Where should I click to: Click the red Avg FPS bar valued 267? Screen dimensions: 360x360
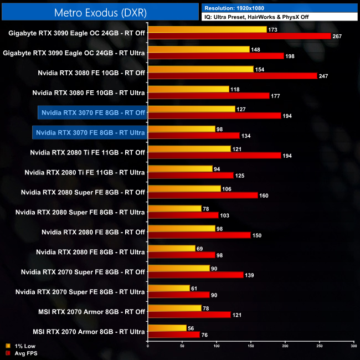(239, 36)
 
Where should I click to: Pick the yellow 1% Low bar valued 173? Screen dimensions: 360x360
(207, 29)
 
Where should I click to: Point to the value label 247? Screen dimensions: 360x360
(324, 76)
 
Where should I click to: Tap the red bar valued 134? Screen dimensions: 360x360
(194, 136)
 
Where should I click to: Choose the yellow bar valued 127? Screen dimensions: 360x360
(192, 109)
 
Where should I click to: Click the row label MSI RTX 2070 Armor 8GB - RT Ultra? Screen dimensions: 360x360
(89, 332)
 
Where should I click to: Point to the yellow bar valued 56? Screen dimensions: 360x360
(167, 328)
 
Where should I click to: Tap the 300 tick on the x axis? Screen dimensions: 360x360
(353, 346)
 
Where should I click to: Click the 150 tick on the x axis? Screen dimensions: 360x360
(251, 346)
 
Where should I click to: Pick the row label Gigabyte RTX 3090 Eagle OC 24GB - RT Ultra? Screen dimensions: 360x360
(74, 53)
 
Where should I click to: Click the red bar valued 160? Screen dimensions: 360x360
(203, 196)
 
